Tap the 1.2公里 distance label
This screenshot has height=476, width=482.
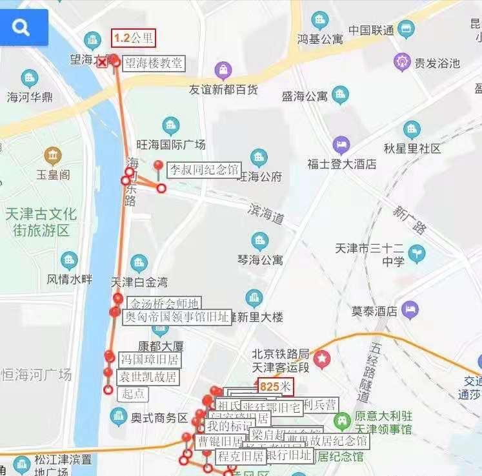pos(134,38)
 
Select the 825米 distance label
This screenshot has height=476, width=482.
pos(275,387)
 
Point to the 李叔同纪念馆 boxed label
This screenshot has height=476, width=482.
pos(203,170)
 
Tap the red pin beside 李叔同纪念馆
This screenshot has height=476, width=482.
pos(158,166)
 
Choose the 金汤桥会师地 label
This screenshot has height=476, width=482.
pos(164,304)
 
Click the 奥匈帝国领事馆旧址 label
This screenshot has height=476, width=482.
pos(176,316)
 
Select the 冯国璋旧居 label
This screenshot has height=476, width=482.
pos(149,359)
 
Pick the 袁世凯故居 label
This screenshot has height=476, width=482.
pos(148,377)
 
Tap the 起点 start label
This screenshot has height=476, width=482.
pos(134,393)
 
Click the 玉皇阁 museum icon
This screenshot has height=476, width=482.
pos(53,156)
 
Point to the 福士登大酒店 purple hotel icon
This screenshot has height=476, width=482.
pos(341,145)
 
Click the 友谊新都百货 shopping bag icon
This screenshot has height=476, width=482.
pos(223,69)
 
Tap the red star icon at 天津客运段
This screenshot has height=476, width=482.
pos(321,357)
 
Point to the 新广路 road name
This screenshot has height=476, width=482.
pos(410,220)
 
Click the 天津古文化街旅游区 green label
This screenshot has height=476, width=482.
pos(40,222)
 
